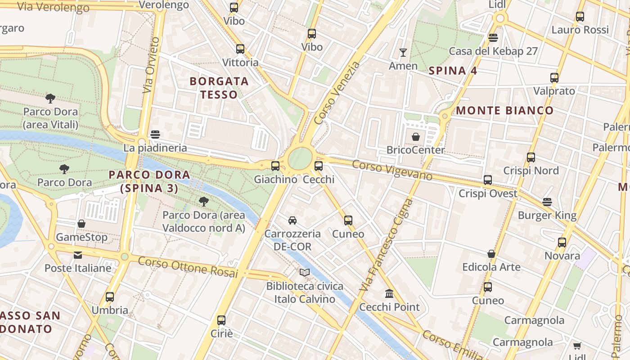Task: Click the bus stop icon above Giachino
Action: point(275,166)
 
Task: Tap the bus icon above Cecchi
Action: point(319,166)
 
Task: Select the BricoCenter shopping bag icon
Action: point(416,136)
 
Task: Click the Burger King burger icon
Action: point(547,202)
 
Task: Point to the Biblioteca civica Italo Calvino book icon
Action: point(305,272)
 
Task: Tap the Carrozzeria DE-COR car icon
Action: point(292,220)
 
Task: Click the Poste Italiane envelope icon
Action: point(78,255)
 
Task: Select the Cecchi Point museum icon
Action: point(389,294)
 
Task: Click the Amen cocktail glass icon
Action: point(403,53)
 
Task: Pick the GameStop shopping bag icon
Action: point(81,224)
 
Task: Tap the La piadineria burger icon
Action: point(155,134)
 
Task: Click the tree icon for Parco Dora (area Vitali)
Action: point(50,98)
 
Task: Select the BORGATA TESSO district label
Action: point(219,88)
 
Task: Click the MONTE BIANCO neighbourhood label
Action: point(505,110)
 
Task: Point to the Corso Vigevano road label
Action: point(392,170)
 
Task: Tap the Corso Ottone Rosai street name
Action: point(188,266)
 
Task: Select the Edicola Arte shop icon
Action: point(491,254)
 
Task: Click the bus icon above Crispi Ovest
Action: point(488,180)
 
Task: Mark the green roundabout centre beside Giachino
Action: point(300,158)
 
